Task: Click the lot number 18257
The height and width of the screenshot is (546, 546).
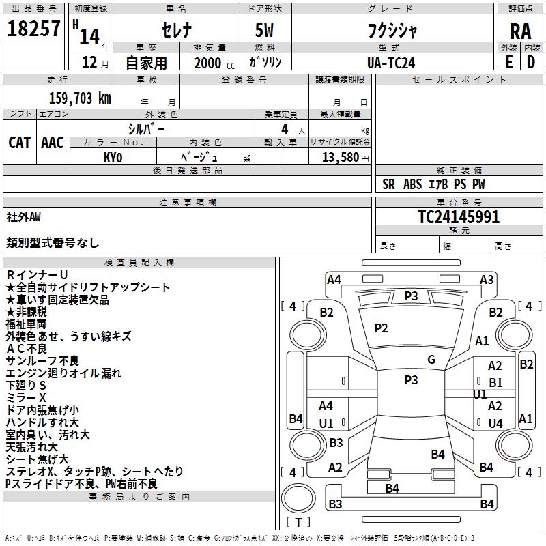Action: [x=33, y=29]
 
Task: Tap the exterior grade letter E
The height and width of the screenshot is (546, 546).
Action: [x=508, y=62]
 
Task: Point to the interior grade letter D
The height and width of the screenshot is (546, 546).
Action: [x=531, y=62]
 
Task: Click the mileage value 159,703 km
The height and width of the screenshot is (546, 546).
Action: [x=79, y=98]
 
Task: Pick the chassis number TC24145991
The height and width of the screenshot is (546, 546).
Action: [x=458, y=217]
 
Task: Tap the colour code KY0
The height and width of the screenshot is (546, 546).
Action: [x=113, y=157]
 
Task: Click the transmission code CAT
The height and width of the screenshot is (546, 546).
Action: [x=19, y=142]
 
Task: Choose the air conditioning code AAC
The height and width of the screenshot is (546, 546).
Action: [x=52, y=142]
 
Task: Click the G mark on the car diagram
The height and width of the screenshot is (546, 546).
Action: [x=431, y=360]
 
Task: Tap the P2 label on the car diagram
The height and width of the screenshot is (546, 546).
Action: [x=381, y=328]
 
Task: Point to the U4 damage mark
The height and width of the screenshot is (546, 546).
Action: [x=495, y=423]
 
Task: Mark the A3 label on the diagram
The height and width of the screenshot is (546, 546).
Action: [x=487, y=279]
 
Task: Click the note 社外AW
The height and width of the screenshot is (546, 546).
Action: [x=24, y=217]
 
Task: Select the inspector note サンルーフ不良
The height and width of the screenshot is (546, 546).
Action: [x=42, y=361]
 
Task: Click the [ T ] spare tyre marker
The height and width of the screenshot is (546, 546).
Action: [x=298, y=522]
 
